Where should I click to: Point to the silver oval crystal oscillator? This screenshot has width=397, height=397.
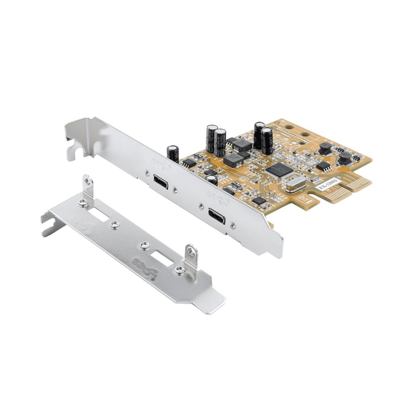click(295, 187)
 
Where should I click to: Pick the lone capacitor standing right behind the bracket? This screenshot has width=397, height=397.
click(173, 154)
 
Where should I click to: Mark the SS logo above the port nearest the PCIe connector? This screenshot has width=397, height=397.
click(215, 197)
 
